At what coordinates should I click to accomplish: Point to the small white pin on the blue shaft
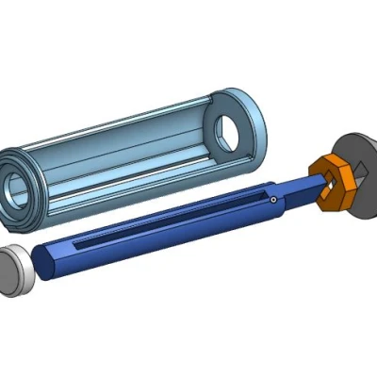(272, 200)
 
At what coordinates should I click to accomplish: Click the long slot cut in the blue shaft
(170, 221)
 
